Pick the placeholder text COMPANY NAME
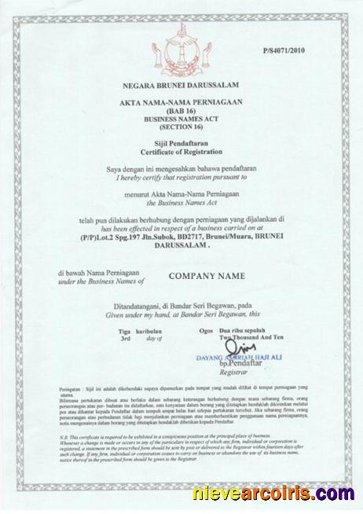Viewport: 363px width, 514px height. coord(207,276)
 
